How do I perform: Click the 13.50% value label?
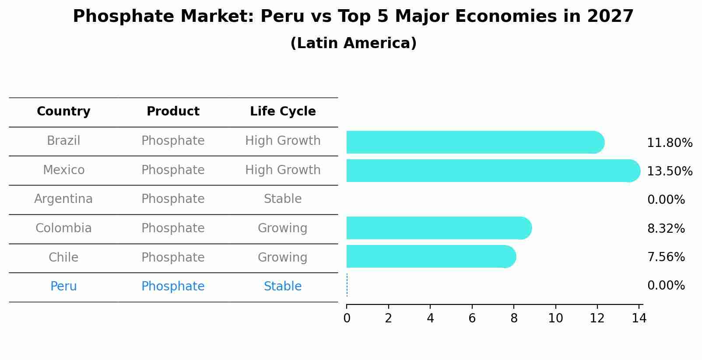tap(670, 171)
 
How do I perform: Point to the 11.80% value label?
tap(670, 143)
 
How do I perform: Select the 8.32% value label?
tap(666, 228)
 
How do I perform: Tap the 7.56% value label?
tap(666, 257)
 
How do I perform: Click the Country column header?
tap(63, 112)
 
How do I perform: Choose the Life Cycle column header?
tap(283, 112)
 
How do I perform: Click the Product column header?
tap(173, 112)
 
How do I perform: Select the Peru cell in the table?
tap(63, 287)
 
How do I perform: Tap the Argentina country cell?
tap(63, 199)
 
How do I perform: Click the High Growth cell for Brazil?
tap(283, 141)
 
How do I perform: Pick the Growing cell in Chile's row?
tap(283, 257)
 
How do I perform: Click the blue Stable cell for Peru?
tap(283, 287)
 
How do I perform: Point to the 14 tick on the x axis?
tap(639, 318)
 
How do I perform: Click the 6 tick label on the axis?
tap(472, 318)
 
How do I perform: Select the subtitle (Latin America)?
tap(353, 43)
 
